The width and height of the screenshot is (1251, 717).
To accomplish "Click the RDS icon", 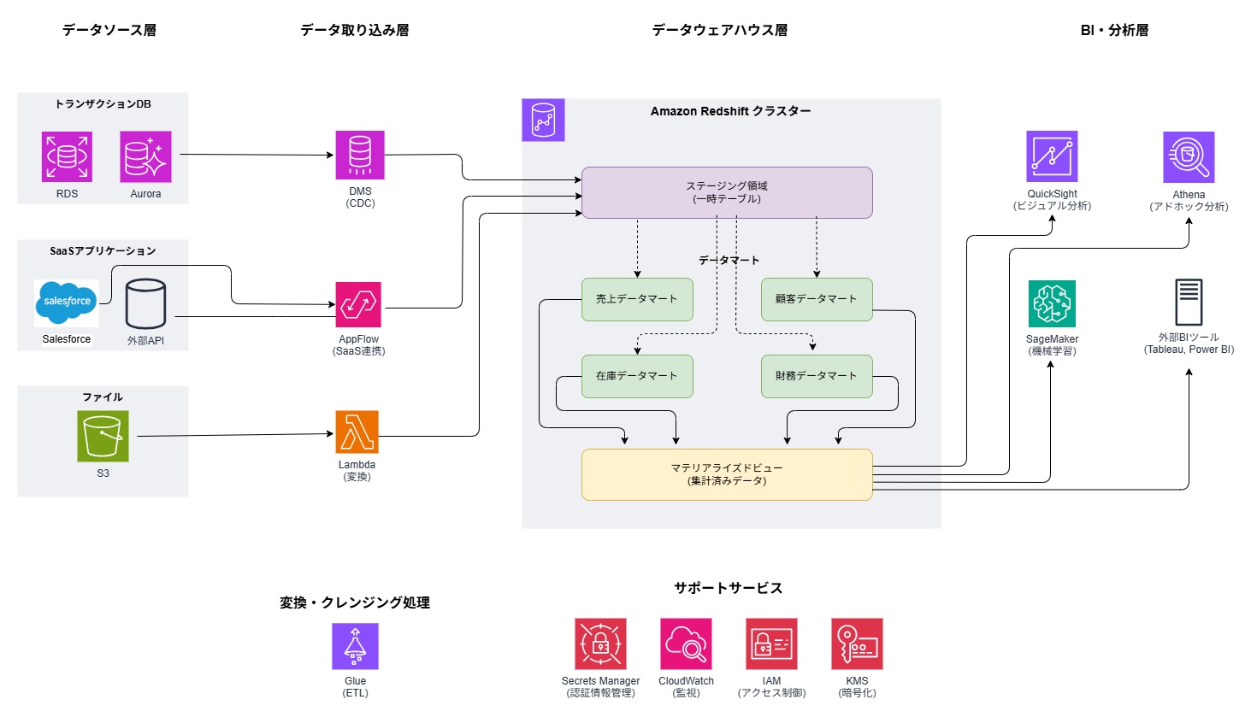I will coord(67,156).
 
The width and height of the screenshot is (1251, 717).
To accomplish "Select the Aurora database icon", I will coord(145,156).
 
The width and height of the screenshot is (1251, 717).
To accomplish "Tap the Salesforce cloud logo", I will coord(67,303).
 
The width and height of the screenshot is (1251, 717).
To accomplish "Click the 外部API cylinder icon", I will coord(145,304).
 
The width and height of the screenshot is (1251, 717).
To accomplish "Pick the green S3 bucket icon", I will coord(103,436).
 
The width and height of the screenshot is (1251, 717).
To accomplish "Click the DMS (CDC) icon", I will coord(360,155).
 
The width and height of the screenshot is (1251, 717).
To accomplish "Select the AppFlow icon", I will coord(358,304).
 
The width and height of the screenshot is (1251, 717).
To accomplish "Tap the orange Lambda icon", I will coord(357,432).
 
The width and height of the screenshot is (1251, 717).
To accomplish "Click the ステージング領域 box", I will coord(727,192).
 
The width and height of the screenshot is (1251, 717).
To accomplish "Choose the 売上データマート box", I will coord(637,299).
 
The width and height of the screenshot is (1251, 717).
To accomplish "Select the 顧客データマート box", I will coord(817,299).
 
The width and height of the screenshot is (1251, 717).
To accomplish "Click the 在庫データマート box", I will coord(637,376).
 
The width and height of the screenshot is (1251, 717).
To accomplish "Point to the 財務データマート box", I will coord(817,376).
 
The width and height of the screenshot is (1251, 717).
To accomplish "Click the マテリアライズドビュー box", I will coord(727,474).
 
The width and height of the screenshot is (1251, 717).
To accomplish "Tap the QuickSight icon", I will coord(1052,156).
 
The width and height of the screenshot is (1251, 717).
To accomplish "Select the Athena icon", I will coord(1189,157).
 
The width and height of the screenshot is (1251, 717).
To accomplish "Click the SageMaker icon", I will coord(1052,303).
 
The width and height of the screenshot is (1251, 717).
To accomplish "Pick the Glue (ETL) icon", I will coord(355,646).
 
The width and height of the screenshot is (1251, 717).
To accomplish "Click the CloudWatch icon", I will coord(686,644).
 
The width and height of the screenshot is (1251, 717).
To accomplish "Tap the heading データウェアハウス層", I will coord(720,30).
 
